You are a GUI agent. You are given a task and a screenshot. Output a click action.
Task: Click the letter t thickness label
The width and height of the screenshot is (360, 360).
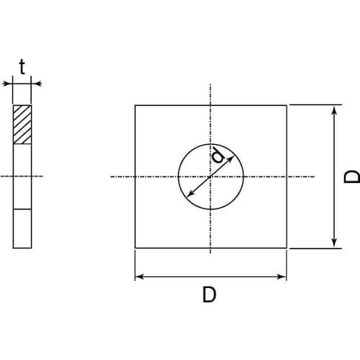pyautogui.click(x=22, y=67)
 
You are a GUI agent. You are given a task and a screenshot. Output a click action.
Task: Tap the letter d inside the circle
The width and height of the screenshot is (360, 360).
pyautogui.click(x=218, y=155)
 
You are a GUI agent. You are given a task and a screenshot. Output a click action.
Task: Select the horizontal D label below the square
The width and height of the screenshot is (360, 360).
pyautogui.click(x=210, y=294)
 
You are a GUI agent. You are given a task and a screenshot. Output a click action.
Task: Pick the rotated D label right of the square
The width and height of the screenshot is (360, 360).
pyautogui.click(x=352, y=176)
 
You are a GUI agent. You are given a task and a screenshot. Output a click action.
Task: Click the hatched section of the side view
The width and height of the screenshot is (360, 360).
pyautogui.click(x=22, y=125)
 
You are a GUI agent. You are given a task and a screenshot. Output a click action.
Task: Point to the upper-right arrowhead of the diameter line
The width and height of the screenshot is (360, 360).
pyautogui.click(x=230, y=159)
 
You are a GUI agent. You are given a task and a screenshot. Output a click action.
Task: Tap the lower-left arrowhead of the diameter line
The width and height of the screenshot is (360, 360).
pyautogui.click(x=190, y=194)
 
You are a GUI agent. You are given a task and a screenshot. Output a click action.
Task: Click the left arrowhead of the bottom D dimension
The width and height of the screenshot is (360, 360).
pyautogui.click(x=140, y=276)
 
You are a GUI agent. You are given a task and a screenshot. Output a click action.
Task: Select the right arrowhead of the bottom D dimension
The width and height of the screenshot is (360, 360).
pyautogui.click(x=282, y=276)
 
